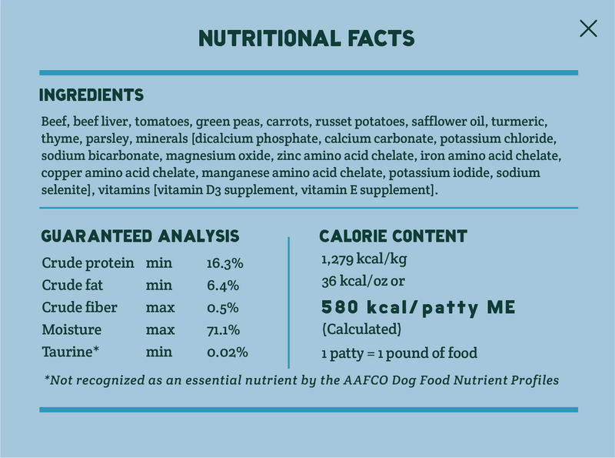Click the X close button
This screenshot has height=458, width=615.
(x=588, y=28)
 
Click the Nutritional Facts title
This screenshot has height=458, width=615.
(x=307, y=38)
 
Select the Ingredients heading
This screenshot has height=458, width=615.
(x=91, y=95)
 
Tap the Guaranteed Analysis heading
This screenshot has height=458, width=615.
(x=140, y=236)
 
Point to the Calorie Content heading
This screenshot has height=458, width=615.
(x=393, y=236)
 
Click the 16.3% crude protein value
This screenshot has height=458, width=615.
(x=224, y=263)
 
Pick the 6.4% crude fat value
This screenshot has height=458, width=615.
(x=222, y=286)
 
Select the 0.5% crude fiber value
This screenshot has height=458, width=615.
(x=222, y=308)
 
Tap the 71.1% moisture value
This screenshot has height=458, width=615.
(x=223, y=330)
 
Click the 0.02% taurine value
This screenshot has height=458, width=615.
(x=227, y=353)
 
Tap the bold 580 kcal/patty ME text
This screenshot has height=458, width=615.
(x=418, y=308)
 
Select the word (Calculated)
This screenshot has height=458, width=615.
(x=361, y=330)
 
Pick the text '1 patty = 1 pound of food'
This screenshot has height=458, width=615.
(x=399, y=354)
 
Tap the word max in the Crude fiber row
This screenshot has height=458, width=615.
(x=159, y=308)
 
